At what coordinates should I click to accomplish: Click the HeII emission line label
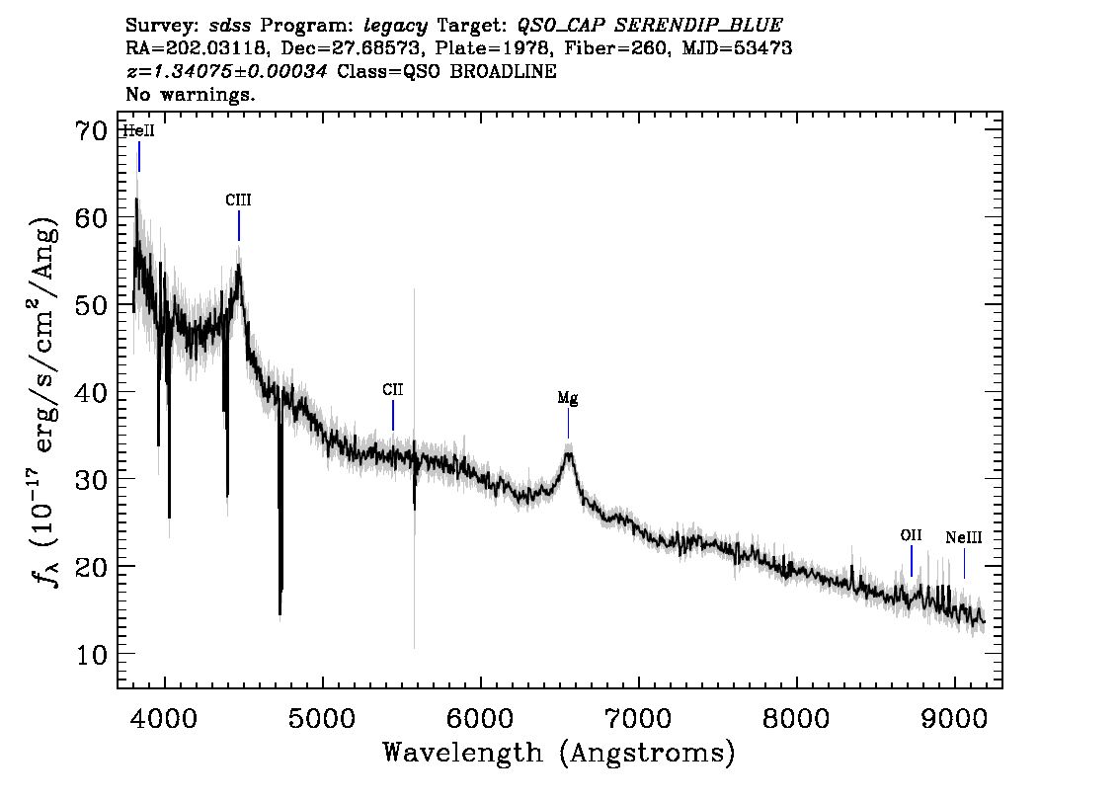(x=138, y=131)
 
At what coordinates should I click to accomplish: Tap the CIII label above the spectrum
(x=239, y=200)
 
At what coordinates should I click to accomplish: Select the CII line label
(x=393, y=390)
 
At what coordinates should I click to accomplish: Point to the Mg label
(x=568, y=398)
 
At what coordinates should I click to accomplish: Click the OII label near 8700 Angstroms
(x=911, y=535)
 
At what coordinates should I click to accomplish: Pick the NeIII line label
(x=964, y=537)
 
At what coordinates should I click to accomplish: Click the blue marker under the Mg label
(x=569, y=423)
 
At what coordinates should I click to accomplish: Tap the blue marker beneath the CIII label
(x=239, y=226)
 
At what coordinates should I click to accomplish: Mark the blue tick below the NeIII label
(x=964, y=564)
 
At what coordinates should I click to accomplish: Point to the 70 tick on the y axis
(x=92, y=130)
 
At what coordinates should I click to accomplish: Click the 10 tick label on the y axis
(x=92, y=654)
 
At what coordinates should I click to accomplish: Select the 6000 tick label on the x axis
(x=480, y=718)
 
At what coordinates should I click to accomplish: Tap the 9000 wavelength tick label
(x=953, y=718)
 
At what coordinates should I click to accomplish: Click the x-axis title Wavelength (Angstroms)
(x=559, y=753)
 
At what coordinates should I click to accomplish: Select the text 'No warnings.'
(x=190, y=94)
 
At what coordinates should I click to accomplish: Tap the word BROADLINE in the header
(x=503, y=71)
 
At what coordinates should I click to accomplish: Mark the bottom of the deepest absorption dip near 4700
(x=280, y=613)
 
